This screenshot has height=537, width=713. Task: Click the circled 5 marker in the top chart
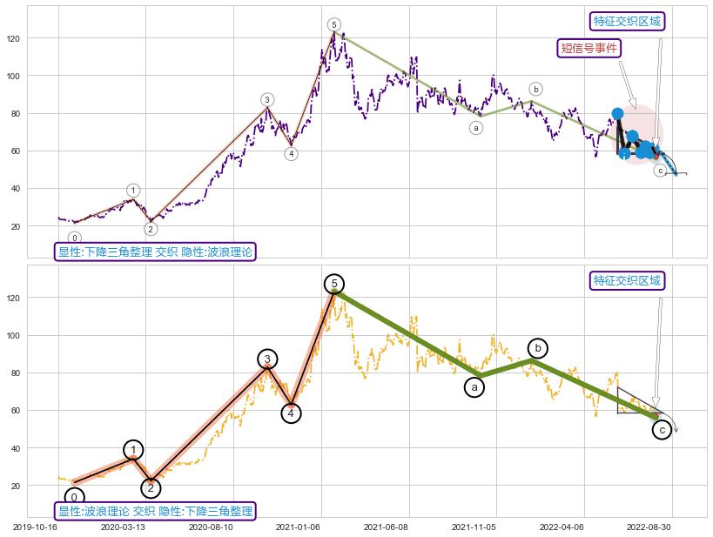(334, 24)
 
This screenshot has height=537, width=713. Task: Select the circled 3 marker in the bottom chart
(268, 359)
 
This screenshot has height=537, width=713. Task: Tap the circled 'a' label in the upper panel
(476, 128)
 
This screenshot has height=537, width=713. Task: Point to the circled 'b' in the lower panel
(538, 348)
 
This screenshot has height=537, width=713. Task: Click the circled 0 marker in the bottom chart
(75, 498)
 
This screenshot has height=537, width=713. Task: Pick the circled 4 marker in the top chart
(291, 154)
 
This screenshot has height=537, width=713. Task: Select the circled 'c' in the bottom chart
(662, 429)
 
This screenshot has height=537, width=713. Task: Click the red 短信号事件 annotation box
(588, 48)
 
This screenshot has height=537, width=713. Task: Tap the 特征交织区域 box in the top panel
(627, 22)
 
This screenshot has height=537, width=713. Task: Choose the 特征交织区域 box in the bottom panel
(627, 280)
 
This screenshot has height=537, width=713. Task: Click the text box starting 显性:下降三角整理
(155, 252)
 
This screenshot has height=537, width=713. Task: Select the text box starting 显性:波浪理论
(155, 511)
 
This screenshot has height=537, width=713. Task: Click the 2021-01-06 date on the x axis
(299, 527)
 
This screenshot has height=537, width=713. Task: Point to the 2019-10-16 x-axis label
(37, 527)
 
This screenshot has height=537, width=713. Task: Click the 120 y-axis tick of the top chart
(14, 38)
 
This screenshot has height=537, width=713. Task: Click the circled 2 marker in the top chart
(151, 229)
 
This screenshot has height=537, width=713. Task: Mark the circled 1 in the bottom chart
(132, 449)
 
